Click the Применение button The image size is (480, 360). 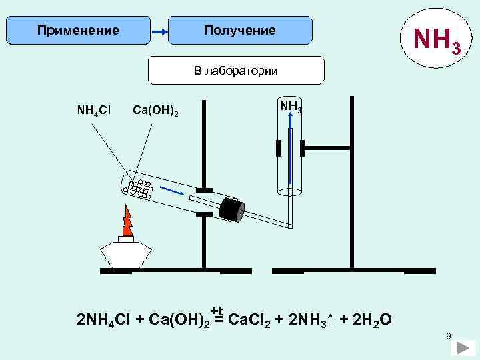(x=78, y=31)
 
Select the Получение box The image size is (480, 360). (x=239, y=31)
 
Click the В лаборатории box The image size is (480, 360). (x=235, y=70)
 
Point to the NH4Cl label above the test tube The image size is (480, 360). (x=94, y=109)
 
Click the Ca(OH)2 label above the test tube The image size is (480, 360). (x=155, y=109)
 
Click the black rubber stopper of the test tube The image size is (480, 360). (x=231, y=209)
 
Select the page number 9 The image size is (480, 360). (x=449, y=335)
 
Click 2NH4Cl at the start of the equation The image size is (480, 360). (x=104, y=321)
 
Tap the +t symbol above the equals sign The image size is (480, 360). (x=217, y=310)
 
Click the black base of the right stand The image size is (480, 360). (x=353, y=271)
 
